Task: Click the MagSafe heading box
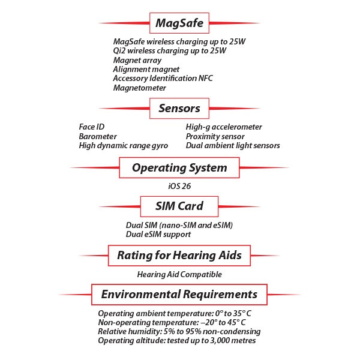coord(179,23)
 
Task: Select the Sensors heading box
coord(179,109)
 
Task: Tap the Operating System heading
coord(179,167)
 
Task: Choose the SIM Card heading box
coord(179,206)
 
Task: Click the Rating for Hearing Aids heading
coord(179,255)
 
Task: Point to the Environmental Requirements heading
coord(179,294)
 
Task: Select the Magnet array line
coord(135,60)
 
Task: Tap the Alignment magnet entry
coord(146,69)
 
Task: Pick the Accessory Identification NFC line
coord(163,79)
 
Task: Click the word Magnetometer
coord(139,88)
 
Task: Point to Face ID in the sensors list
coord(92,127)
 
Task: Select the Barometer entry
coord(98,136)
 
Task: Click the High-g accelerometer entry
coord(224,127)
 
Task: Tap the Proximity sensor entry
coord(215,136)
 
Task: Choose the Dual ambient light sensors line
coord(233,145)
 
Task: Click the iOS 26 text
coord(180,186)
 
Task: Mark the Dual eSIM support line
coord(158,234)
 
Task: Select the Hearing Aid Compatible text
coord(179,274)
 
